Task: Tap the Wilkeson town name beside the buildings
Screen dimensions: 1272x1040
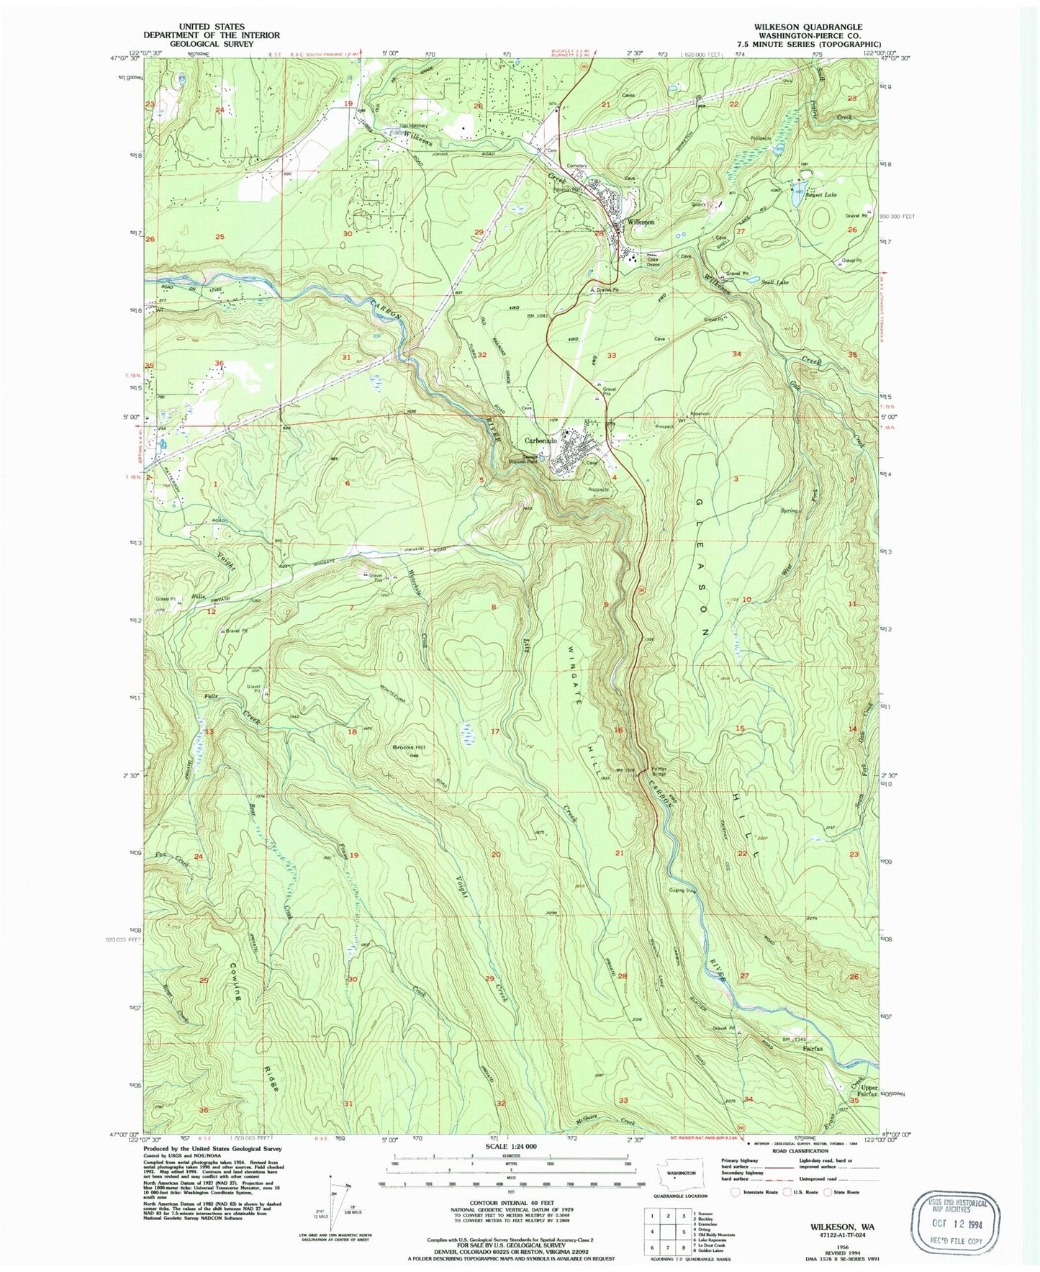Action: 641,222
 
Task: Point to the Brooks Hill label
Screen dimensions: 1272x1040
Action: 409,747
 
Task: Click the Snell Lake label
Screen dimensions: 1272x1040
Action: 774,282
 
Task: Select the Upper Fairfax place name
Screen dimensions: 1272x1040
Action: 868,1091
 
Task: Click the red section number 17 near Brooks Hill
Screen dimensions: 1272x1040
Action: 495,732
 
